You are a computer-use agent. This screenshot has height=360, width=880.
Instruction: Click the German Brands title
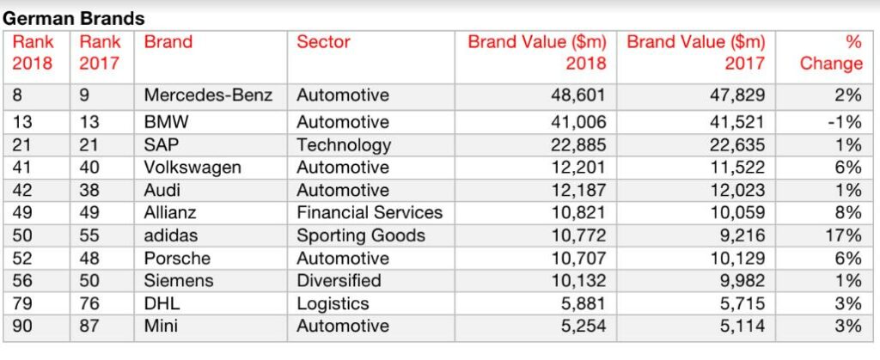point(74,18)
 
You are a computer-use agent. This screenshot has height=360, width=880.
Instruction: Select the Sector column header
point(323,42)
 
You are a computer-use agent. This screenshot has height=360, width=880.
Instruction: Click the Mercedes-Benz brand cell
point(208,95)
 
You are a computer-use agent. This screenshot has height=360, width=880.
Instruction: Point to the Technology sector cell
point(344,145)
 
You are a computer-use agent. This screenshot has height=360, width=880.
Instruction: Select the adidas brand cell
point(172,235)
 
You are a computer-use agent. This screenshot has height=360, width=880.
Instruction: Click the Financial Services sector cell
point(370,212)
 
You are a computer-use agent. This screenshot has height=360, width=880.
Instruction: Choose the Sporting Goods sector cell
point(361,235)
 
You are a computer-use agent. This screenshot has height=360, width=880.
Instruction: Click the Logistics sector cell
point(333,303)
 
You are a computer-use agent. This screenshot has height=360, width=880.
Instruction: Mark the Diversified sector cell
point(339,281)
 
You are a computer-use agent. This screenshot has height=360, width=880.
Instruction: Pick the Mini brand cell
point(161,326)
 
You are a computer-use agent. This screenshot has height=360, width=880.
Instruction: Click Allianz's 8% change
point(846,212)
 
